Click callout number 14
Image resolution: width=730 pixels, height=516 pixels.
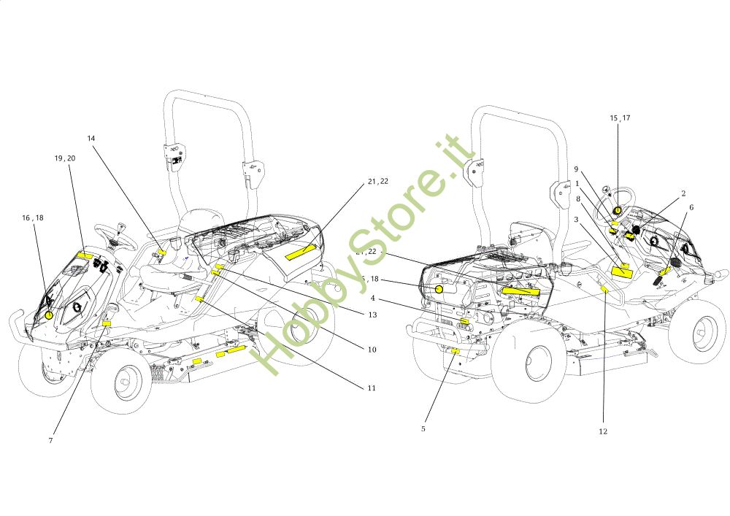click(x=91, y=138)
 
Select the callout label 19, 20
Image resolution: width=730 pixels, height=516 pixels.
click(x=65, y=158)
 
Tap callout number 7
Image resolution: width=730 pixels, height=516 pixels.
click(x=51, y=440)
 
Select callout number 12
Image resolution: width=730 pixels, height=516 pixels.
click(x=603, y=431)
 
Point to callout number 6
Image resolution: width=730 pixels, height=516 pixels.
click(x=691, y=207)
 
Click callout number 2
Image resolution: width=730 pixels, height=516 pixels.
click(x=683, y=193)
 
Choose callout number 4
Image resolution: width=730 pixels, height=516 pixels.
click(x=372, y=298)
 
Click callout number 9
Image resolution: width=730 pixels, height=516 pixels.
click(x=575, y=169)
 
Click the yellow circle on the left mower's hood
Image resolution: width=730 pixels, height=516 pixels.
click(x=49, y=315)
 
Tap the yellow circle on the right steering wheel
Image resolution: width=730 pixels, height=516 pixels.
click(x=618, y=210)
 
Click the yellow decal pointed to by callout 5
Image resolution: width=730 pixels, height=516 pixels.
click(x=455, y=350)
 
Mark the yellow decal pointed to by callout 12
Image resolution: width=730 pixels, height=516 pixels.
click(x=604, y=290)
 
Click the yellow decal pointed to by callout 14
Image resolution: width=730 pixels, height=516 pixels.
click(x=161, y=252)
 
